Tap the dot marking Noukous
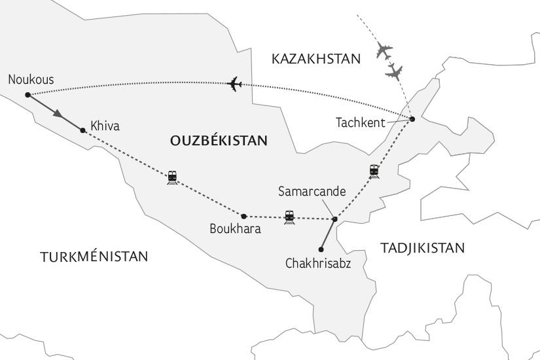(x=27, y=95)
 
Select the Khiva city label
(x=105, y=126)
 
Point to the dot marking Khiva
(x=82, y=130)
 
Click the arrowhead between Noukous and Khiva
(x=60, y=115)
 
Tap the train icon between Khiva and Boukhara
(x=172, y=177)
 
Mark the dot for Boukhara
(x=243, y=216)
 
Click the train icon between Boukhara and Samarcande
(x=289, y=217)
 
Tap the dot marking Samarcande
(x=334, y=219)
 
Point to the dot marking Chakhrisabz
(x=320, y=249)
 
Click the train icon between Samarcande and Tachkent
(x=374, y=171)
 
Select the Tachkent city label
(x=360, y=122)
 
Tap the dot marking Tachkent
(x=413, y=118)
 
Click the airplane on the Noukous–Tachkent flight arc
(x=234, y=84)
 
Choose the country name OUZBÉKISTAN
(x=219, y=140)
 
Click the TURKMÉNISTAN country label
(x=94, y=257)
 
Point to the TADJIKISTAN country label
(x=422, y=247)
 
